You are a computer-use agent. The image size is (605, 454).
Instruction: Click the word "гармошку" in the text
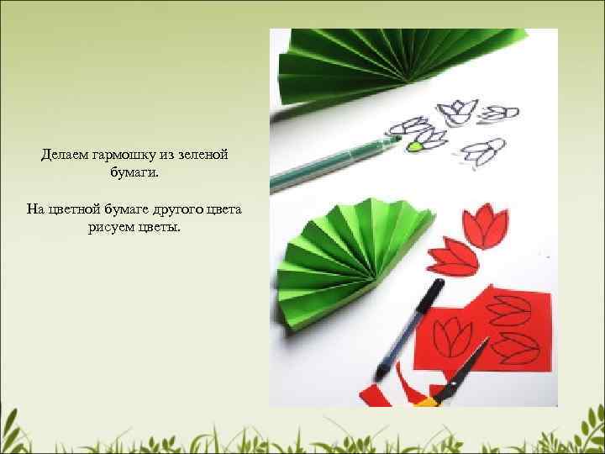coord(124,155)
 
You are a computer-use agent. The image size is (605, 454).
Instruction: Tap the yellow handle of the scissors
coord(427,402)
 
